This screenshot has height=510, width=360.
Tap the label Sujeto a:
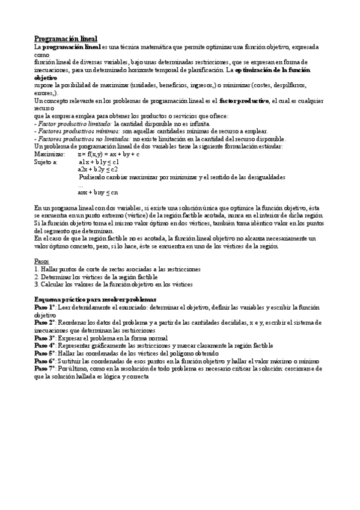46,162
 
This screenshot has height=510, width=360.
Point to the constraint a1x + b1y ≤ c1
99,162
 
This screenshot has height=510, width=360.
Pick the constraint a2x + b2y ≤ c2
98,170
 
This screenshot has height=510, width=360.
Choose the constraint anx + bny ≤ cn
98,192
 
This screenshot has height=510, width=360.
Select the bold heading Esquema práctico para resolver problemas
95,299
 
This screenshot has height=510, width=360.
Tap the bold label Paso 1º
44,307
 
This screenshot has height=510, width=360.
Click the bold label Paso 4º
44,346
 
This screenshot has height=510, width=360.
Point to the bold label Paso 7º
44,369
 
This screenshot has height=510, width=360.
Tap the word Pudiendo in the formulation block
93,177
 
